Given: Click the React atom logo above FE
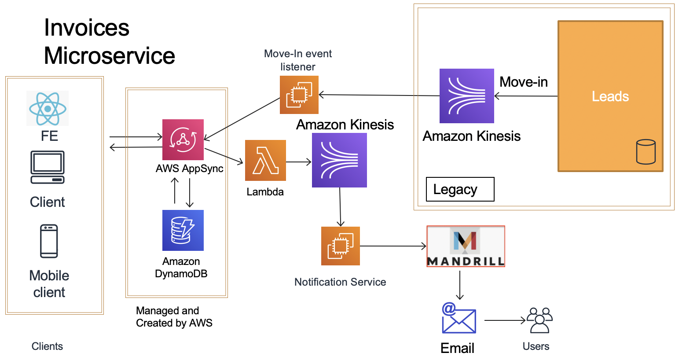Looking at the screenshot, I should pyautogui.click(x=48, y=108).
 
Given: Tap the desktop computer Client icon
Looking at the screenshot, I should pyautogui.click(x=48, y=168).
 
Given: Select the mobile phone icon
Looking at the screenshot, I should pyautogui.click(x=49, y=241).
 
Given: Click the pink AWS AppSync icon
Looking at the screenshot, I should pyautogui.click(x=183, y=140).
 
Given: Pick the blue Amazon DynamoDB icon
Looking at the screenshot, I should pyautogui.click(x=183, y=230).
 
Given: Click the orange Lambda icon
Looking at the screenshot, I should pyautogui.click(x=265, y=161).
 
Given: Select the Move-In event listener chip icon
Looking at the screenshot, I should pyautogui.click(x=299, y=95).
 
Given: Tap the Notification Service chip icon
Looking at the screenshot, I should pyautogui.click(x=341, y=246).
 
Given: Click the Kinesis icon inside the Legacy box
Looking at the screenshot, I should pyautogui.click(x=466, y=96).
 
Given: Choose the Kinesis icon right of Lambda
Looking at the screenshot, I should pyautogui.click(x=339, y=160).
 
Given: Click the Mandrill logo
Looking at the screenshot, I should pyautogui.click(x=466, y=246).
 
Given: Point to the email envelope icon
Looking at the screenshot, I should pyautogui.click(x=459, y=319).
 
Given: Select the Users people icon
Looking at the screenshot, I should pyautogui.click(x=539, y=320).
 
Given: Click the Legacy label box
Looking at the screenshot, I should pyautogui.click(x=460, y=189).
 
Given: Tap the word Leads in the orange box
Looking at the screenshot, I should pyautogui.click(x=610, y=96).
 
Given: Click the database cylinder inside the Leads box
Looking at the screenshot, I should pyautogui.click(x=646, y=152).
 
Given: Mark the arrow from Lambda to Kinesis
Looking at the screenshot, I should pyautogui.click(x=299, y=162).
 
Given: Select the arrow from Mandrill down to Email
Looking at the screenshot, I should pyautogui.click(x=460, y=285).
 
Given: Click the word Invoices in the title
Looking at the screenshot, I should pyautogui.click(x=87, y=28).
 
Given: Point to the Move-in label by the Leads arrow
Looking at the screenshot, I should pyautogui.click(x=524, y=82).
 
